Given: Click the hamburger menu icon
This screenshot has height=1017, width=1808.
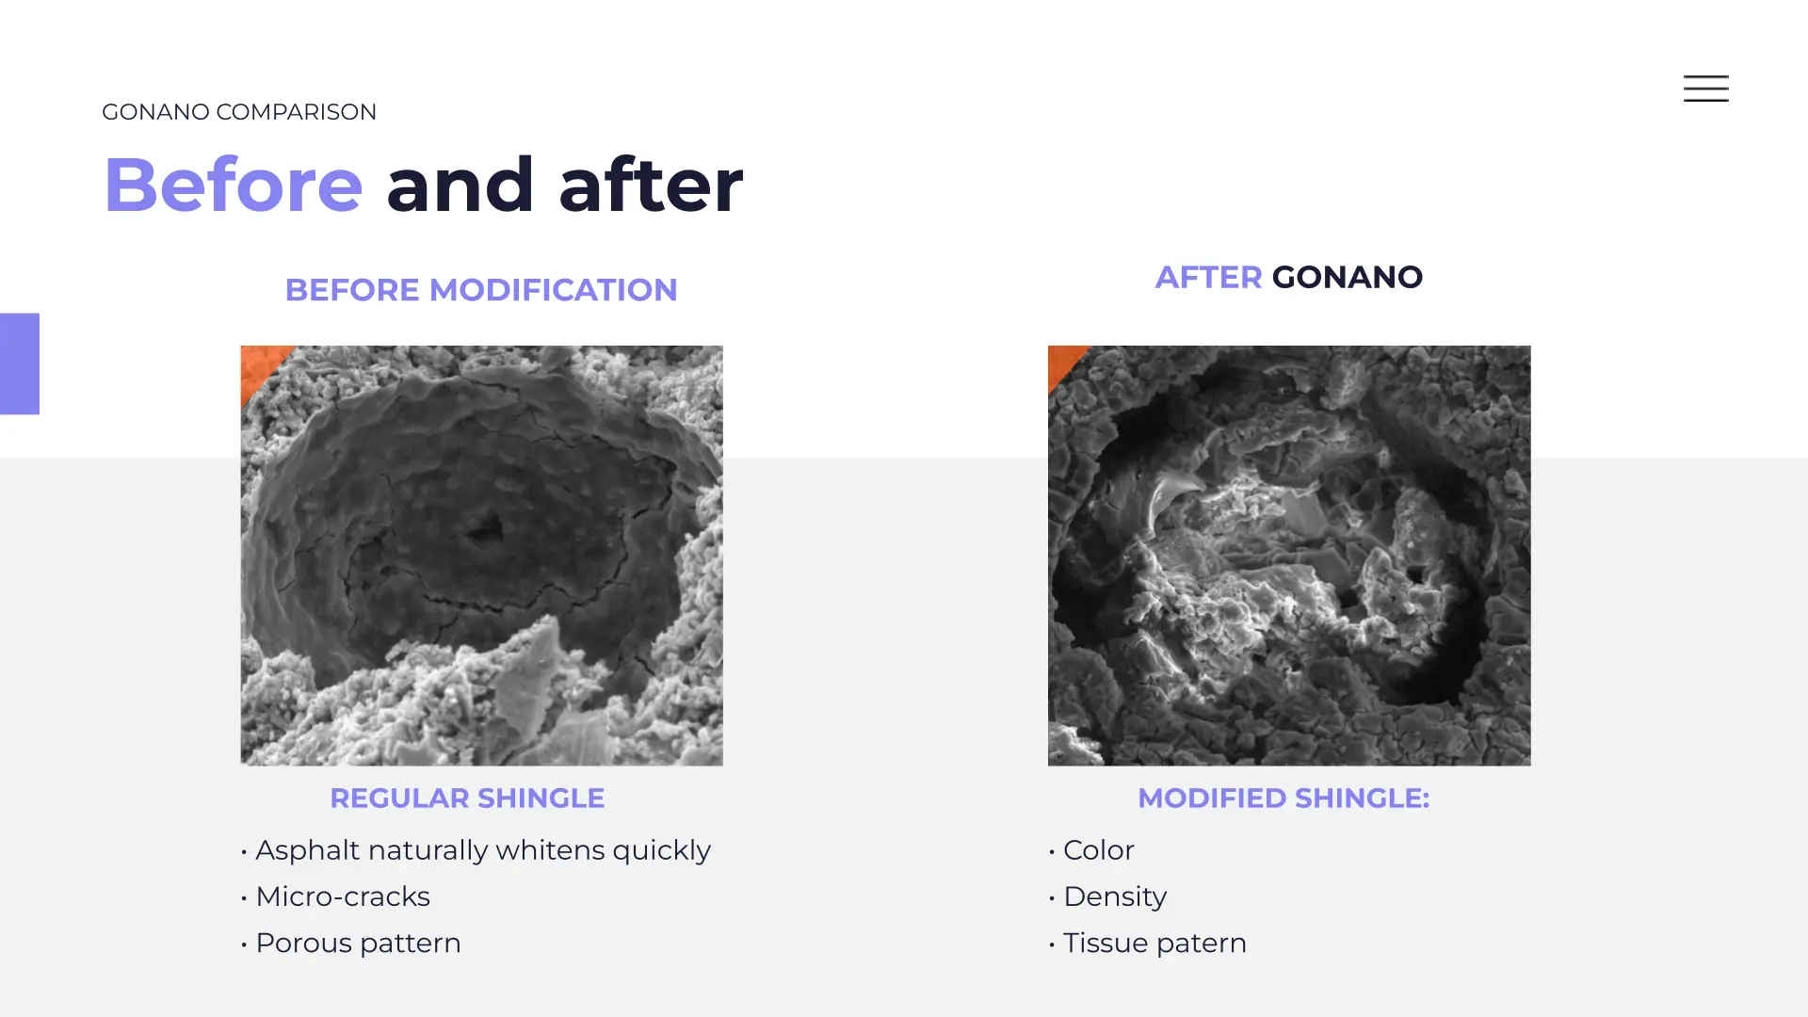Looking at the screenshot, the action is pos(1705,89).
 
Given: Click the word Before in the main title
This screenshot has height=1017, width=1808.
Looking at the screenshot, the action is pos(233,185).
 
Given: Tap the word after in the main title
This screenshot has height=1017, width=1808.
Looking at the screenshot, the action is pos(651,185).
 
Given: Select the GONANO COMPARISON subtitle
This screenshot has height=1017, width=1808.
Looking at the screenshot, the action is pos(239,112).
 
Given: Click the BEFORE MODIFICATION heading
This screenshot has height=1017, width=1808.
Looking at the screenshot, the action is pos(481,290).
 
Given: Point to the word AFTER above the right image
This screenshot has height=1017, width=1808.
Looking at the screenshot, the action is pos(1208,277).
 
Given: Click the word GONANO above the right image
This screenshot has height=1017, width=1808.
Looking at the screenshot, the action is pos(1347,277).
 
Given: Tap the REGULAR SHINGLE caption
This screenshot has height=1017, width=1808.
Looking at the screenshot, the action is pos(467,799).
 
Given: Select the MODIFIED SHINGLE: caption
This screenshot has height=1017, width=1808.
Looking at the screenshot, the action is pos(1283,799).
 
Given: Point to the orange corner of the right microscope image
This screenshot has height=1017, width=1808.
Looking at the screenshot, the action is pos(1063,362).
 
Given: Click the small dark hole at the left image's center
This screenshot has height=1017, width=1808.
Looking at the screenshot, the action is pos(487,530).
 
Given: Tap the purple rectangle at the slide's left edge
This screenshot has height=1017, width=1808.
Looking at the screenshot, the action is pos(20,363).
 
